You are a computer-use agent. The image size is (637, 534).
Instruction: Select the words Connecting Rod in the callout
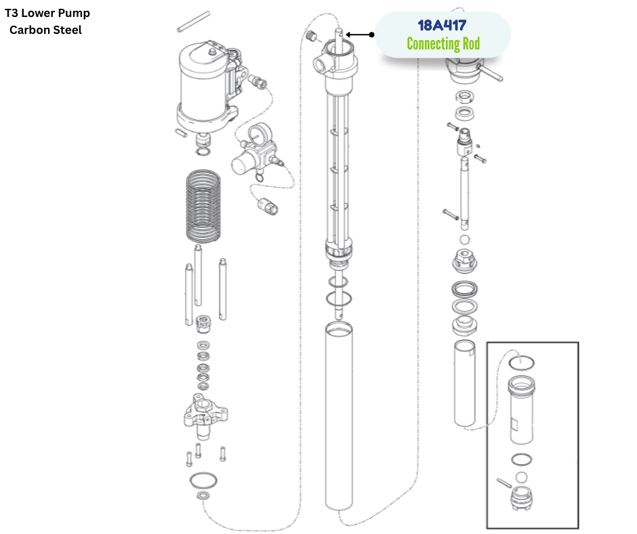[443, 44]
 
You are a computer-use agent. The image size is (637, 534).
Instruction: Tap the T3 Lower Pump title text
[47, 13]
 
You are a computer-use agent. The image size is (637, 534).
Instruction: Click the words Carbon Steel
[45, 30]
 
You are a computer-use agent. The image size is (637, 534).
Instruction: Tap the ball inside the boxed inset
[521, 478]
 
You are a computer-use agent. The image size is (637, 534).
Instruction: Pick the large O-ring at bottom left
[203, 480]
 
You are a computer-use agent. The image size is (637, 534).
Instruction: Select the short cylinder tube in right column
[466, 384]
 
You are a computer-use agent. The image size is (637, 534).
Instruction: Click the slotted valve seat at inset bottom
[521, 503]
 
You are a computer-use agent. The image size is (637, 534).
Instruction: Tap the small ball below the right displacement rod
[465, 240]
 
